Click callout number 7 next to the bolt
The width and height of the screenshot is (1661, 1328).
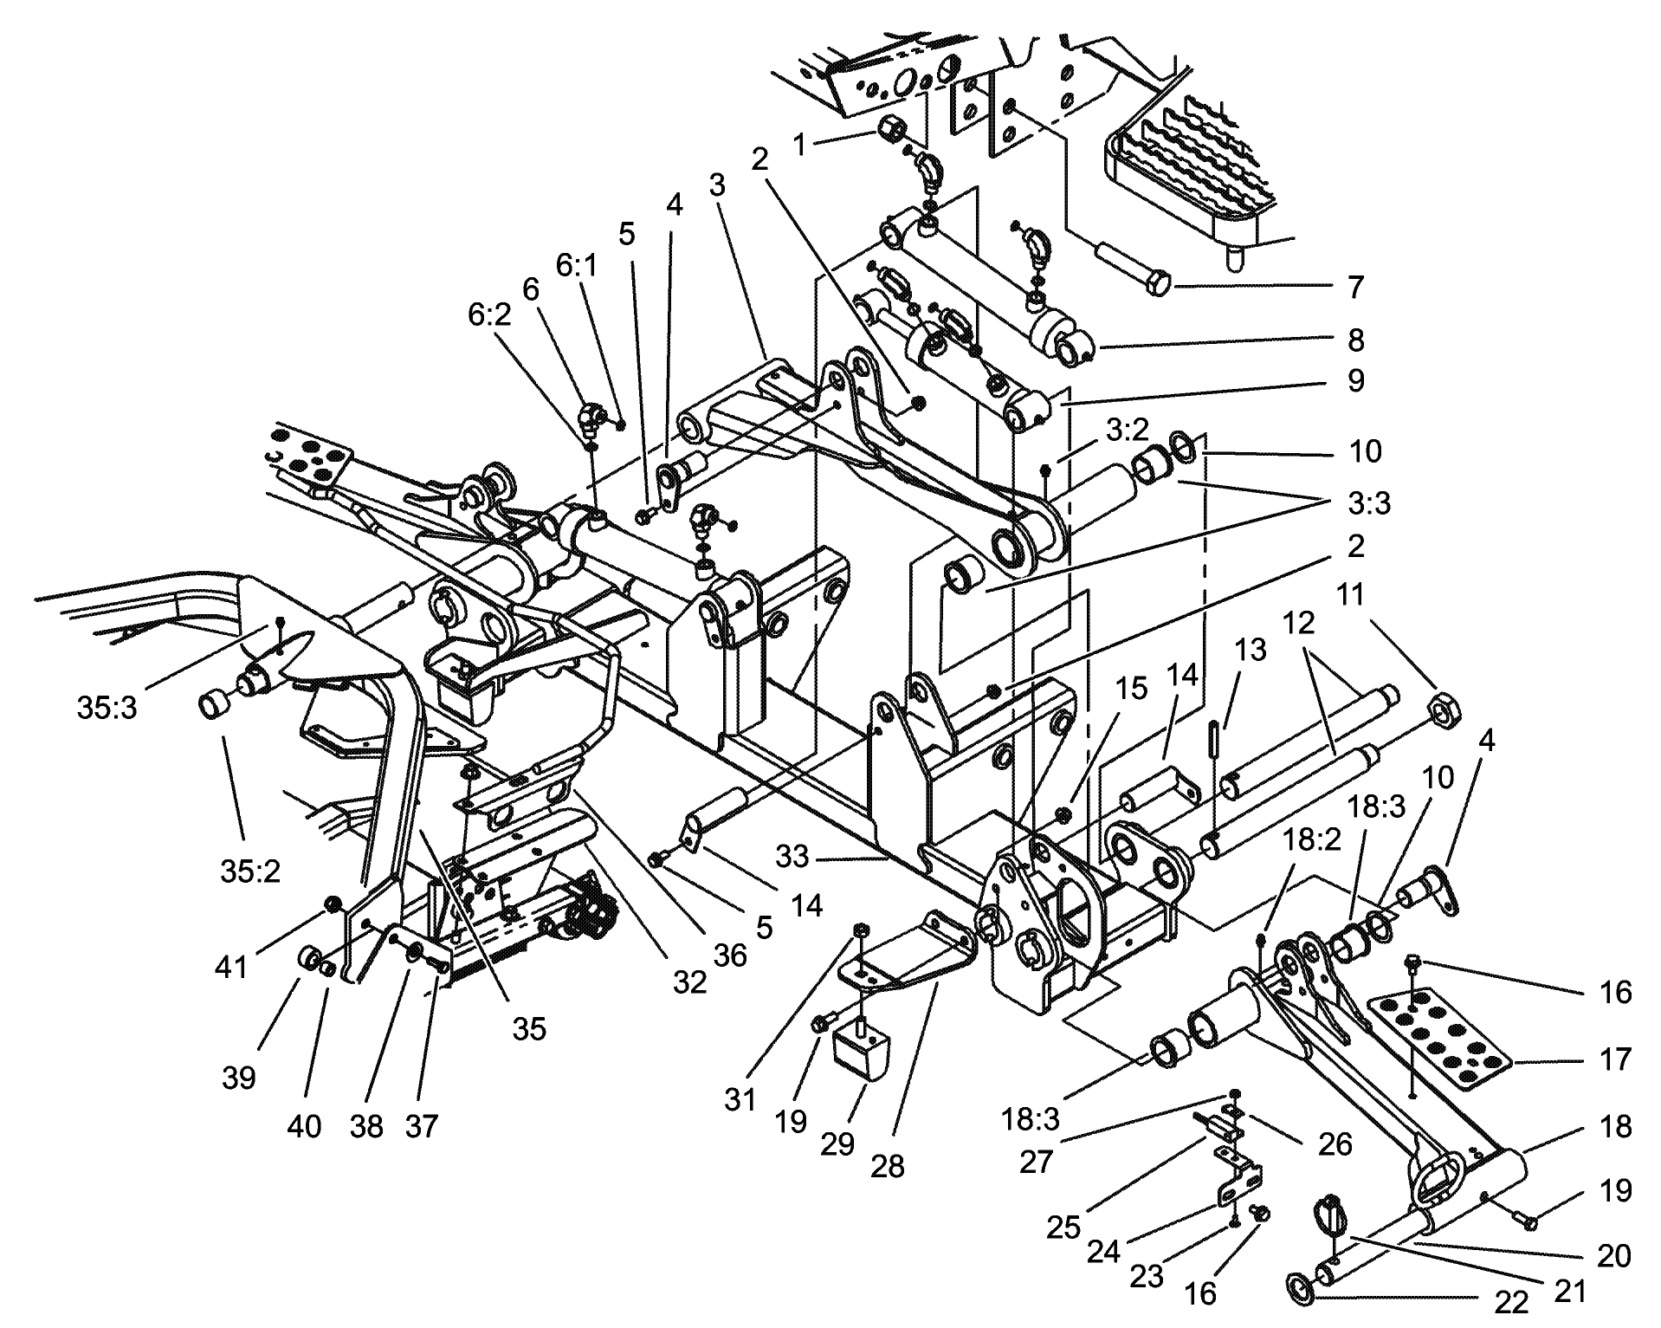[1356, 287]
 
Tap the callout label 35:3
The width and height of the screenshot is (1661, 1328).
[107, 708]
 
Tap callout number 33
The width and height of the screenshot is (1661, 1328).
[792, 857]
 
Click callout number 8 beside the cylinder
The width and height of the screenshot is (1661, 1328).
[1356, 340]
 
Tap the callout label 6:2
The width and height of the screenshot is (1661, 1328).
[489, 315]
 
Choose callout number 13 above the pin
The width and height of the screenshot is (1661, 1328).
[1251, 649]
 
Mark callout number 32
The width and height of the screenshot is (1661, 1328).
[690, 982]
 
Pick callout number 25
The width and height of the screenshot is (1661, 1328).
[1063, 1227]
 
